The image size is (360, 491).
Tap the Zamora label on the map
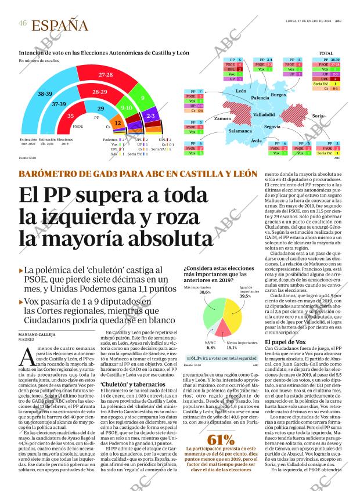222,118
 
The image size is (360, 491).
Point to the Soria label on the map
318,116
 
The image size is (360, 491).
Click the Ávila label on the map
256,141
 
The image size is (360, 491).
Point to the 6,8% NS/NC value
211,348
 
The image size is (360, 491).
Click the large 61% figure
221,439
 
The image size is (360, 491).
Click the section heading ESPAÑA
60,26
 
